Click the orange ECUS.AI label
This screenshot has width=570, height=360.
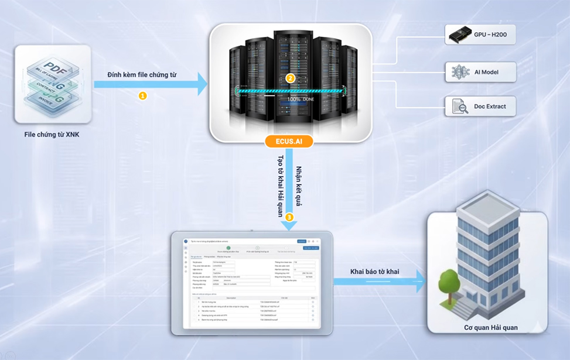point(289,141)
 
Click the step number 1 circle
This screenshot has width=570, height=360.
point(142,95)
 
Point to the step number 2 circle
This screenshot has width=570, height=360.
point(289,78)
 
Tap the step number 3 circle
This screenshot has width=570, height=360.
point(289,217)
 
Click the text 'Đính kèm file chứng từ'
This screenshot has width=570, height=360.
point(142,75)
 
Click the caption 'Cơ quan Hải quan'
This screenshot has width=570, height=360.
point(487,328)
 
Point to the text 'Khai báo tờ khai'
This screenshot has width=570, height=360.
point(375,272)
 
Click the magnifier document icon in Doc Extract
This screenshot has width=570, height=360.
point(458,107)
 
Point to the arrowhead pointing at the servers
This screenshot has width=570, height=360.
point(203,84)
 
